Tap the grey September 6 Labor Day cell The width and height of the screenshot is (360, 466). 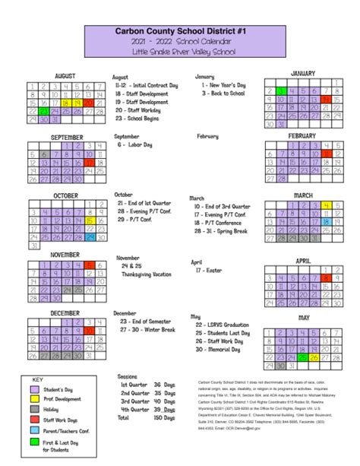pos(44,154)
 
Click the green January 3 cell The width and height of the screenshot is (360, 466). pos(281,91)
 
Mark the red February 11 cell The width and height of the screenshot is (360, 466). pos(327,154)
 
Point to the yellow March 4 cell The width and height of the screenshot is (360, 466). pos(327,205)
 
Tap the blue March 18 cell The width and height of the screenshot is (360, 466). pos(327,222)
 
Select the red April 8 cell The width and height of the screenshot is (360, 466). pos(327,278)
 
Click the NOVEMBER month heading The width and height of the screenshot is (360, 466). pos(65,255)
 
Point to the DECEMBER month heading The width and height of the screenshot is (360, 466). pos(65,313)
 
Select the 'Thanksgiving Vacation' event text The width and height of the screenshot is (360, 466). pos(147,274)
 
